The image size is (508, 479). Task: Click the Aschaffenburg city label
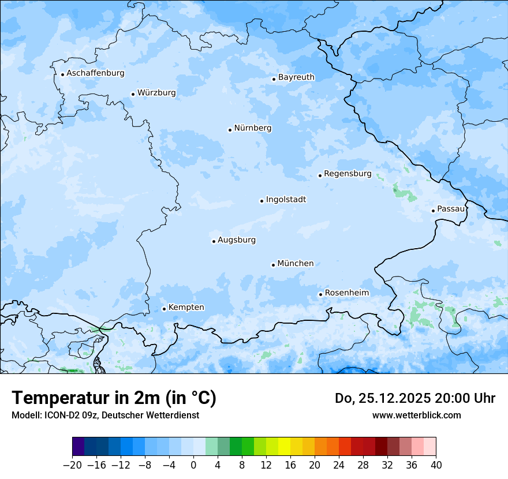95,73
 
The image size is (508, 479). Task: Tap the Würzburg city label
156,93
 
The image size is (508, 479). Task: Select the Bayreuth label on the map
296,77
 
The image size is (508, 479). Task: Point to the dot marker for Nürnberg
230,130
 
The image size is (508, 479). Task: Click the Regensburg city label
348,174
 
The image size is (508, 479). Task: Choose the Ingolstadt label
286,200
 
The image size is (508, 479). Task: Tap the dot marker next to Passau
433,211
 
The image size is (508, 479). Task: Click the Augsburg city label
237,240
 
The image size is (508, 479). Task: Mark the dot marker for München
273,265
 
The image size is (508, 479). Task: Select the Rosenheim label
346,293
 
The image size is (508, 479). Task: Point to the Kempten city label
186,308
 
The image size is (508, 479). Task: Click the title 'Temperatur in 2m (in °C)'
114,398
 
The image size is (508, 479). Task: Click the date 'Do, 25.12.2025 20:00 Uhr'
415,398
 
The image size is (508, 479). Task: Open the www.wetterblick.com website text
416,416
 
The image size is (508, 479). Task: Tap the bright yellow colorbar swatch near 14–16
284,447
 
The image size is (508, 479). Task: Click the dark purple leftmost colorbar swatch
79,447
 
